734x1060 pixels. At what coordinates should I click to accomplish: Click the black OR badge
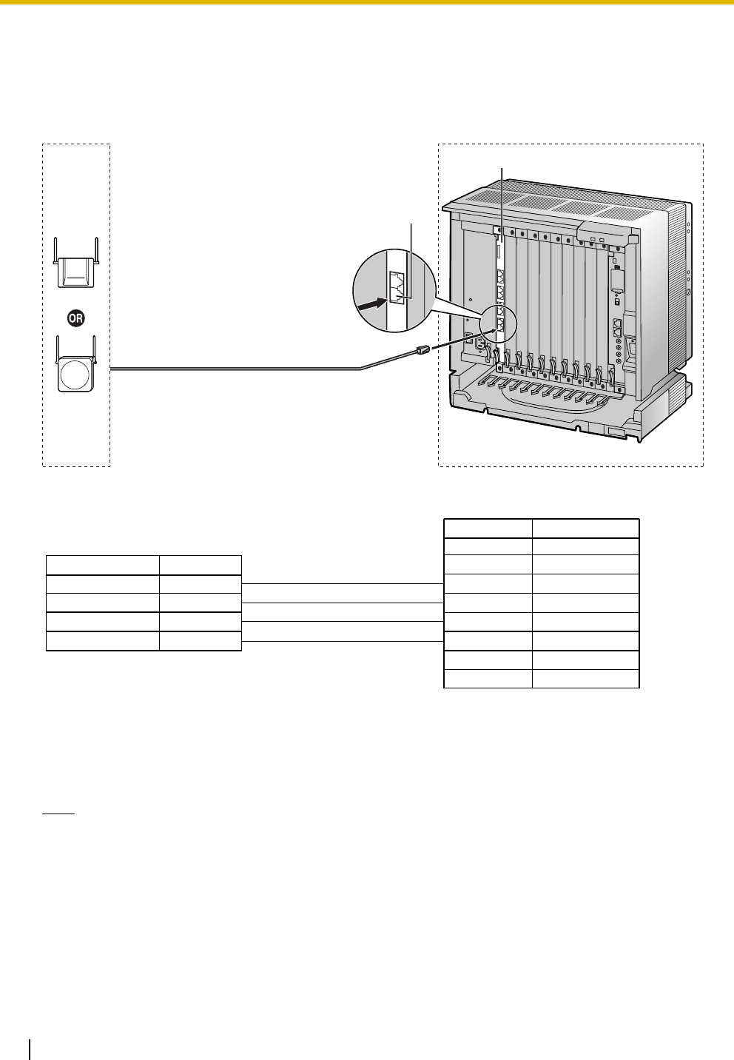(x=76, y=318)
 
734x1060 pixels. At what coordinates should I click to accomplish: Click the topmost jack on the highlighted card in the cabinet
(x=503, y=275)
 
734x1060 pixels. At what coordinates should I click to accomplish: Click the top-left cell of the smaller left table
(x=102, y=565)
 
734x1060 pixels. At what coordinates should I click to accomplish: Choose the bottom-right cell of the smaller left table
(x=200, y=641)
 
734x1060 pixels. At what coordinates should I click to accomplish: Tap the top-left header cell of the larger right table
(x=488, y=528)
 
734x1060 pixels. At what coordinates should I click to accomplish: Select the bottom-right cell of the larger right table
(x=585, y=679)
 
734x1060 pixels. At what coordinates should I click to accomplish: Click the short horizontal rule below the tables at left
(x=58, y=813)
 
